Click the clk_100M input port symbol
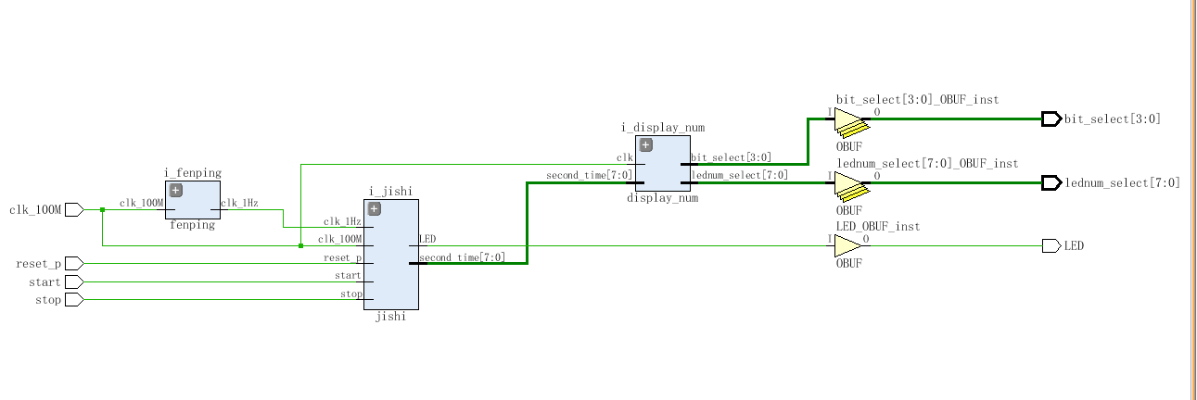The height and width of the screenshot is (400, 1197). pyautogui.click(x=74, y=210)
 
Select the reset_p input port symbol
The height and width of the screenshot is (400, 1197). pyautogui.click(x=74, y=264)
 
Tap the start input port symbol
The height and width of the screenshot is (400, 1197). pyautogui.click(x=74, y=281)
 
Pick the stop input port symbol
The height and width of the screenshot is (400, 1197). pyautogui.click(x=74, y=300)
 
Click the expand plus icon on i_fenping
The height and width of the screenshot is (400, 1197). pyautogui.click(x=176, y=190)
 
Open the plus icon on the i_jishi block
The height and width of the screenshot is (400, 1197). pyautogui.click(x=375, y=208)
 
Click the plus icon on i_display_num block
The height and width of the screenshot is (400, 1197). pyautogui.click(x=646, y=144)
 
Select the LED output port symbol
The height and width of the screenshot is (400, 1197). pyautogui.click(x=1051, y=246)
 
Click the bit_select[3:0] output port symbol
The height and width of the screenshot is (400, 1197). pyautogui.click(x=1051, y=119)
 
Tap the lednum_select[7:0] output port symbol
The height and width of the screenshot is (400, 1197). pyautogui.click(x=1051, y=183)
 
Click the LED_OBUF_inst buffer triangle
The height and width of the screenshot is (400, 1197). pyautogui.click(x=848, y=246)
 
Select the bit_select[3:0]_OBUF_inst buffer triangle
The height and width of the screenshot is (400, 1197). pyautogui.click(x=849, y=120)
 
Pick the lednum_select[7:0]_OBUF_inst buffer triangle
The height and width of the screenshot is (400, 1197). pyautogui.click(x=849, y=184)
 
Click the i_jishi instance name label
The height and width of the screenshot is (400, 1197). pyautogui.click(x=390, y=192)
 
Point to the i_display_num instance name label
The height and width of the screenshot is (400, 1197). pyautogui.click(x=663, y=128)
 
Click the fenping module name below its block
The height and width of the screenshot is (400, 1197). pyautogui.click(x=192, y=225)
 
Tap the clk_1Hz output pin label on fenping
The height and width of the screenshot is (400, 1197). pyautogui.click(x=239, y=203)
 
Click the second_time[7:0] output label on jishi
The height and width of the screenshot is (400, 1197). pyautogui.click(x=463, y=257)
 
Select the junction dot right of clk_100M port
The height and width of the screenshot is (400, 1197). pyautogui.click(x=103, y=210)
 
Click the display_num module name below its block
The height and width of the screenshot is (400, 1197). pyautogui.click(x=663, y=198)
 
